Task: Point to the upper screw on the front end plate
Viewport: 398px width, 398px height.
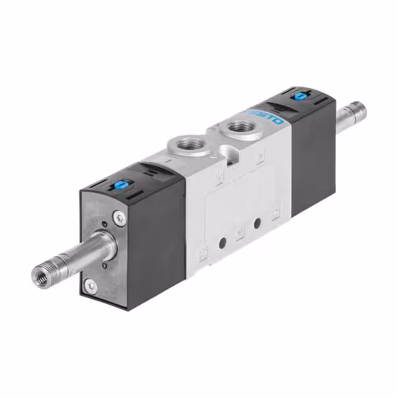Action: click(119, 218)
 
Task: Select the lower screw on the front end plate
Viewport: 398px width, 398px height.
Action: click(91, 285)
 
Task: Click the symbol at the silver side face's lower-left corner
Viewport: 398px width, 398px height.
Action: click(203, 254)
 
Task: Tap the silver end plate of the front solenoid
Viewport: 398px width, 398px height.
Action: click(103, 249)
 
